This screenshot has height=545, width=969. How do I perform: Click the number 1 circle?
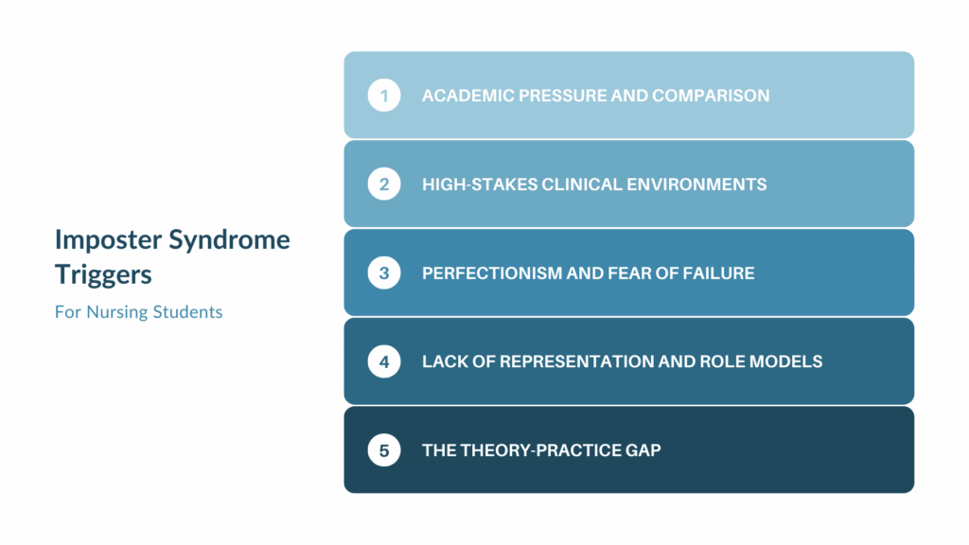point(384,96)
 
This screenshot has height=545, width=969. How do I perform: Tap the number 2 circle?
point(384,185)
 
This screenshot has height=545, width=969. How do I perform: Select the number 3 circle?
point(384,273)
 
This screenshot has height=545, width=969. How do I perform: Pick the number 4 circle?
point(384,361)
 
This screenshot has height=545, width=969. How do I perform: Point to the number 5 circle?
point(384,450)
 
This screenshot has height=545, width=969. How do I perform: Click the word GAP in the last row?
point(643,450)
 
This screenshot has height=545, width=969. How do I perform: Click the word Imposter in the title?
point(107,239)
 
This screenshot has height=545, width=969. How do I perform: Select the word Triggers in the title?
point(103,276)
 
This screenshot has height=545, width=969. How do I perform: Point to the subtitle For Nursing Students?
point(138,311)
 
